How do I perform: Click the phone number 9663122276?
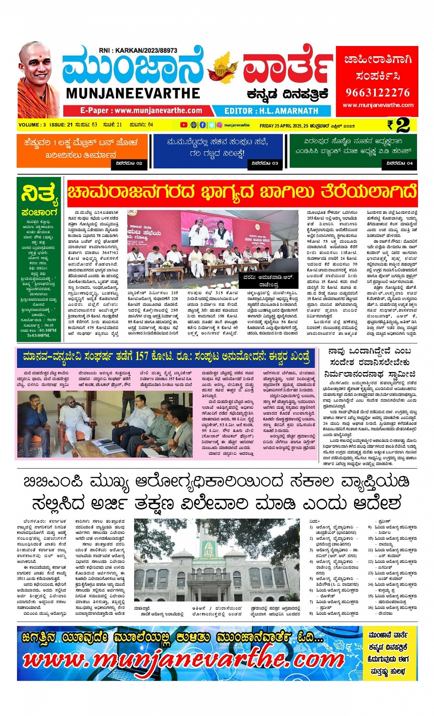pyautogui.click(x=378, y=92)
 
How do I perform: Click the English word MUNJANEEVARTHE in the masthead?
pyautogui.click(x=133, y=93)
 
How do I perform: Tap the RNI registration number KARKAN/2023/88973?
pyautogui.click(x=138, y=51)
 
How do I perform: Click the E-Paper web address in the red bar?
pyautogui.click(x=141, y=111)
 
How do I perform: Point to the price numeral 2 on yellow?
pyautogui.click(x=402, y=125)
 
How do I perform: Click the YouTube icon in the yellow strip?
pyautogui.click(x=184, y=125)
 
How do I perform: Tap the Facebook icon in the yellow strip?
pyautogui.click(x=203, y=125)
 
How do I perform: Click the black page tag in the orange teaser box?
pyautogui.click(x=129, y=163)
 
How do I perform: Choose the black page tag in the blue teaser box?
pyautogui.click(x=265, y=163)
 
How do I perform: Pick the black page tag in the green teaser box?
pyautogui.click(x=400, y=163)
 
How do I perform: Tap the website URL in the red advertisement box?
pyautogui.click(x=378, y=105)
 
